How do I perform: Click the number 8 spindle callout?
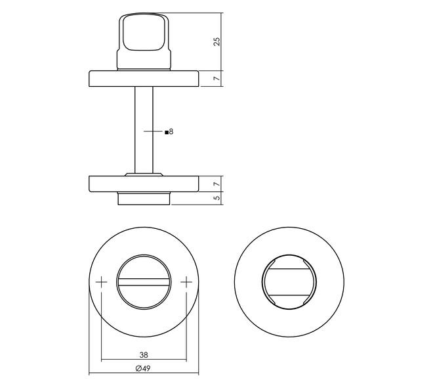171,132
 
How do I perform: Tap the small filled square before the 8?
166,132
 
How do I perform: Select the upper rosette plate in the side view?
144,78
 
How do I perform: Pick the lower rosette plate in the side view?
144,183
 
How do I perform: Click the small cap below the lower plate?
144,198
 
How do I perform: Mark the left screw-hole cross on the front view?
102,283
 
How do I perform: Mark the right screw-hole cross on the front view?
186,283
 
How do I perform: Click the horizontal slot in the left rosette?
144,284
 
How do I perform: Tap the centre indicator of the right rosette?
289,283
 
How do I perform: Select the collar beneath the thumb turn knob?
144,62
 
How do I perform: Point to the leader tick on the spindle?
154,132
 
